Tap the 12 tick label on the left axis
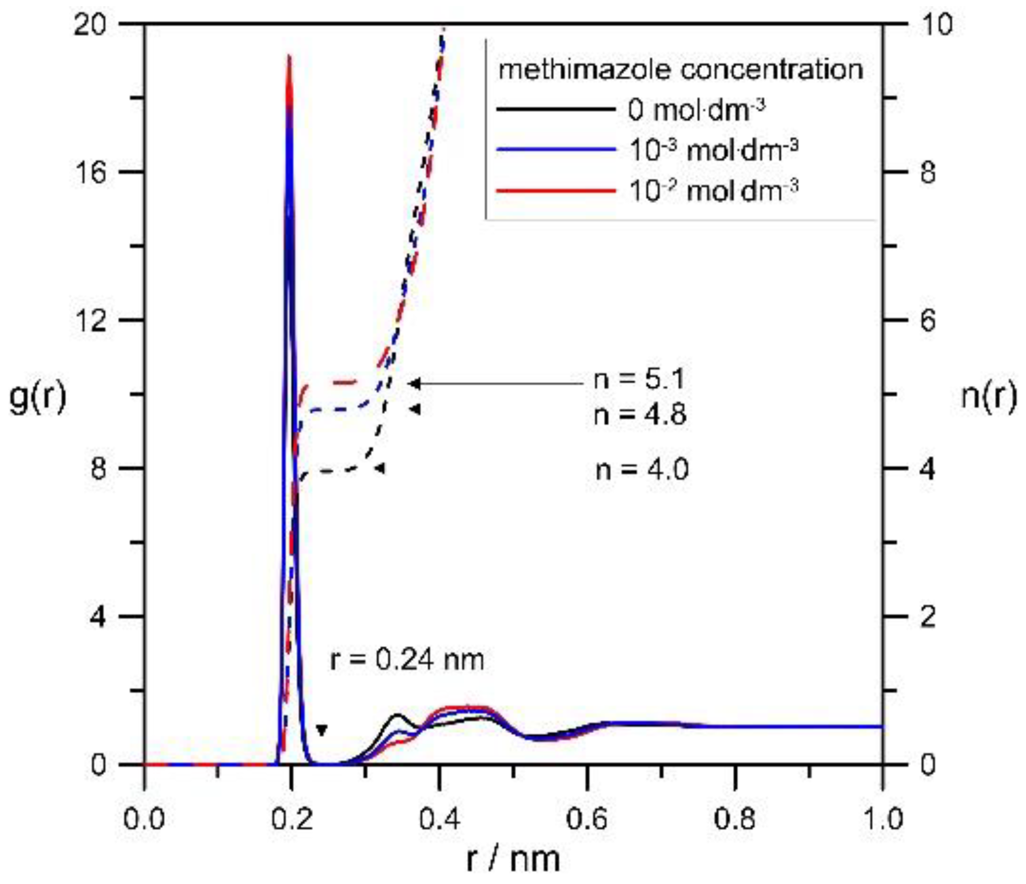click(90, 320)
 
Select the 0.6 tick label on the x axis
click(587, 819)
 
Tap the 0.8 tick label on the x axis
click(735, 819)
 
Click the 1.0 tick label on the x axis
click(882, 819)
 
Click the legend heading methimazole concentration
click(681, 70)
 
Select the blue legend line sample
click(555, 149)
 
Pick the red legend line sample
click(555, 190)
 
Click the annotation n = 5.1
click(639, 380)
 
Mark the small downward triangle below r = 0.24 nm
click(322, 730)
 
